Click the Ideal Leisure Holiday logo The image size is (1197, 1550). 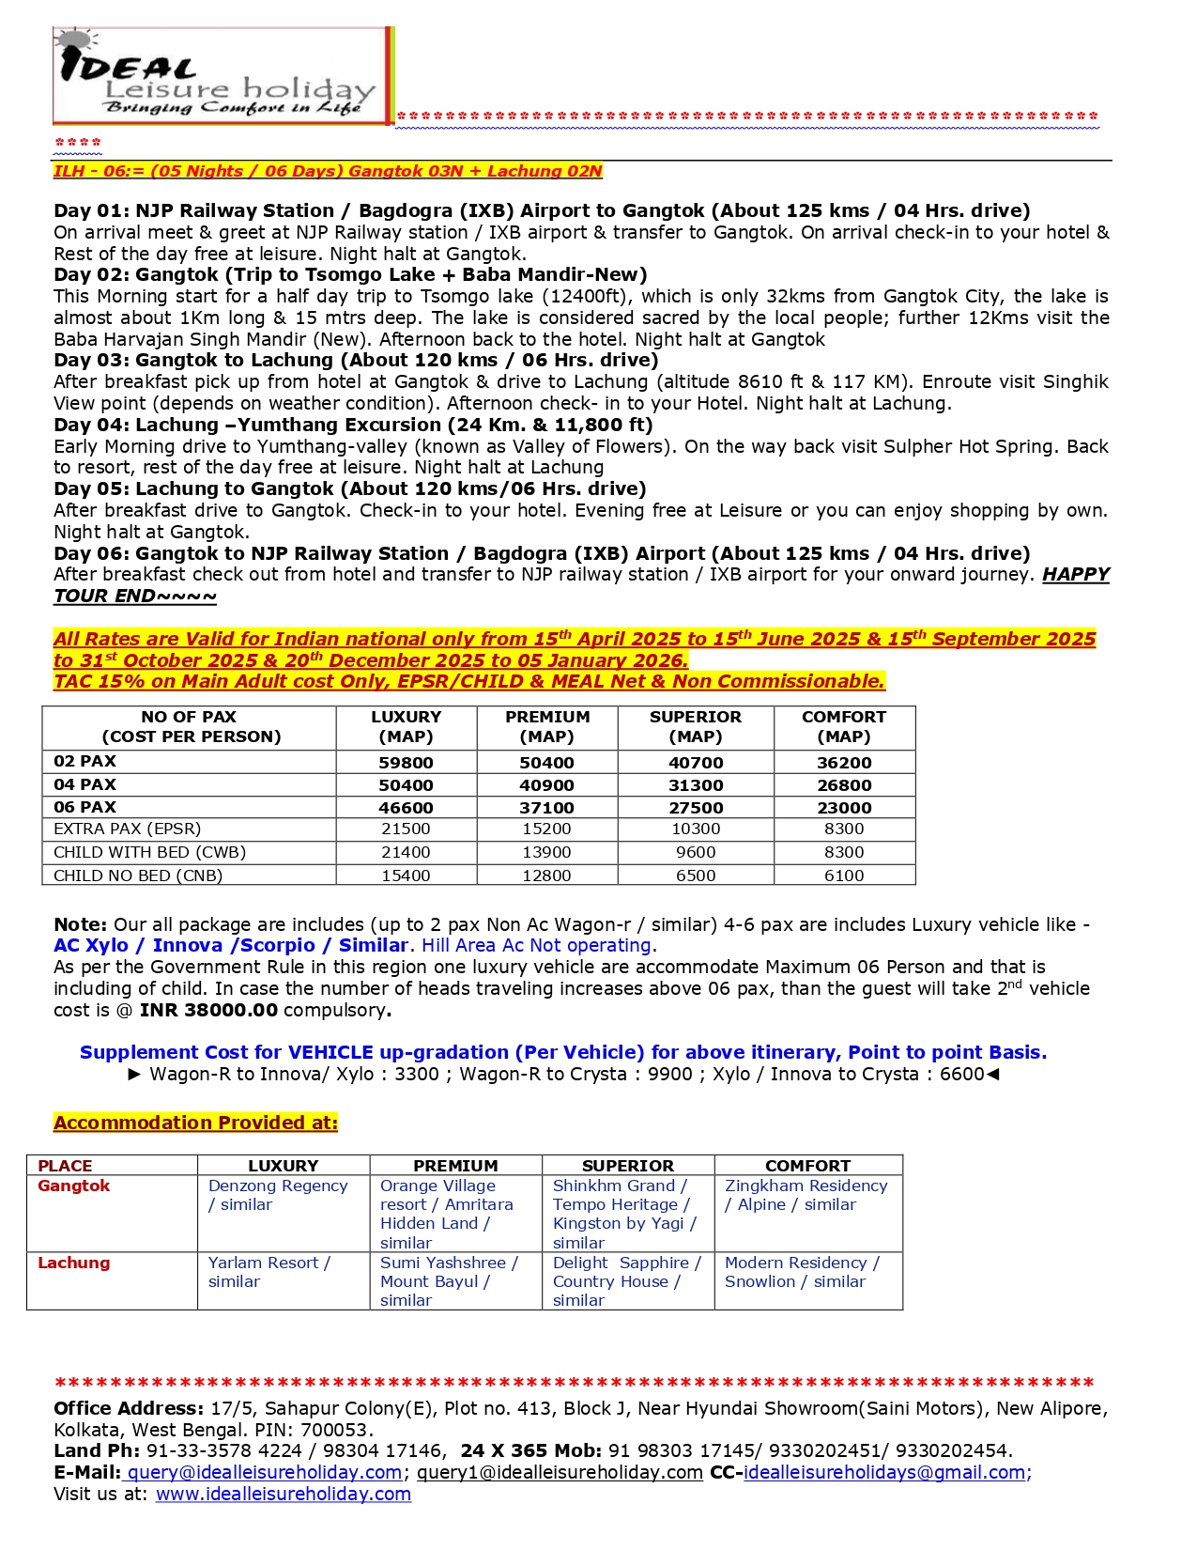(x=221, y=76)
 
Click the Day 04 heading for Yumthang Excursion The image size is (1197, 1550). (x=353, y=425)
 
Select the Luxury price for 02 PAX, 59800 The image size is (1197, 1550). (x=406, y=763)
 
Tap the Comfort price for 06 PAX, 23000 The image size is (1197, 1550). (x=843, y=808)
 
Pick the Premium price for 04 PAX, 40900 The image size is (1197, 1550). (x=547, y=785)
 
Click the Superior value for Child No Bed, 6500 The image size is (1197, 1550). (x=695, y=876)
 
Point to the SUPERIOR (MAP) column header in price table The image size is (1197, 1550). (x=695, y=726)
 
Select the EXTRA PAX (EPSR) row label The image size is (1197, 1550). (x=128, y=829)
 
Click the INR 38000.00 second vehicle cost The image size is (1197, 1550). (x=208, y=1010)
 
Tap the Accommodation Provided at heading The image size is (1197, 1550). (x=195, y=1123)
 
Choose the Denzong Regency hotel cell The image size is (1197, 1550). (x=278, y=1195)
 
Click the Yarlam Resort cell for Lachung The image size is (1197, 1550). (x=269, y=1272)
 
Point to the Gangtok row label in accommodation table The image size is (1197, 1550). (x=74, y=1186)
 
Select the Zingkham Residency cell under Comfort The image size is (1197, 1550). (x=806, y=1195)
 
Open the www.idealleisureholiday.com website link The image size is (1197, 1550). (x=283, y=1494)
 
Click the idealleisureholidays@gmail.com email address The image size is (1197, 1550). (x=883, y=1472)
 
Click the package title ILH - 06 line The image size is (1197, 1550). (x=328, y=171)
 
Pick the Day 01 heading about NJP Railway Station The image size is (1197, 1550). (x=542, y=210)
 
